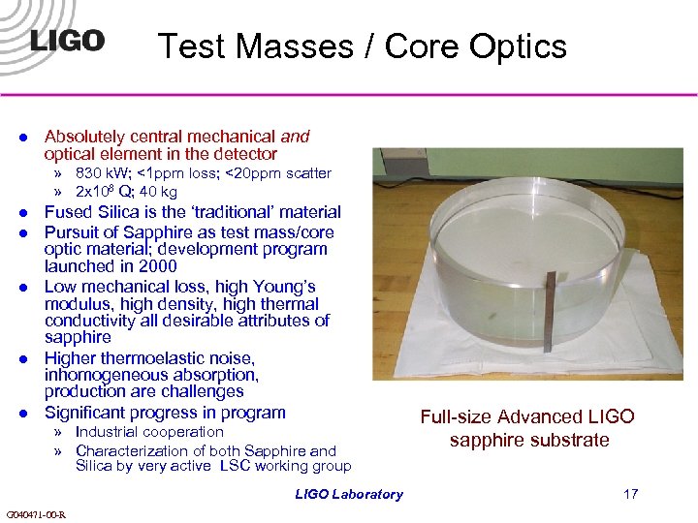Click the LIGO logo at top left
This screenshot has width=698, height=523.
(x=67, y=41)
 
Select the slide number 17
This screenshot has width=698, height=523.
(x=630, y=494)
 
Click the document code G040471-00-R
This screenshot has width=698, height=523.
(x=36, y=514)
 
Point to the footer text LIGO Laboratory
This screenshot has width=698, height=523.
(x=349, y=494)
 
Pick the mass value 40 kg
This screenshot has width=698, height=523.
(x=158, y=192)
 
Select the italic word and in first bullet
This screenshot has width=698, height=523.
(x=295, y=138)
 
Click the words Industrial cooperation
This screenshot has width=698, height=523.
(x=149, y=432)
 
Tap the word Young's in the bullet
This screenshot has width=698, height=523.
(x=280, y=287)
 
